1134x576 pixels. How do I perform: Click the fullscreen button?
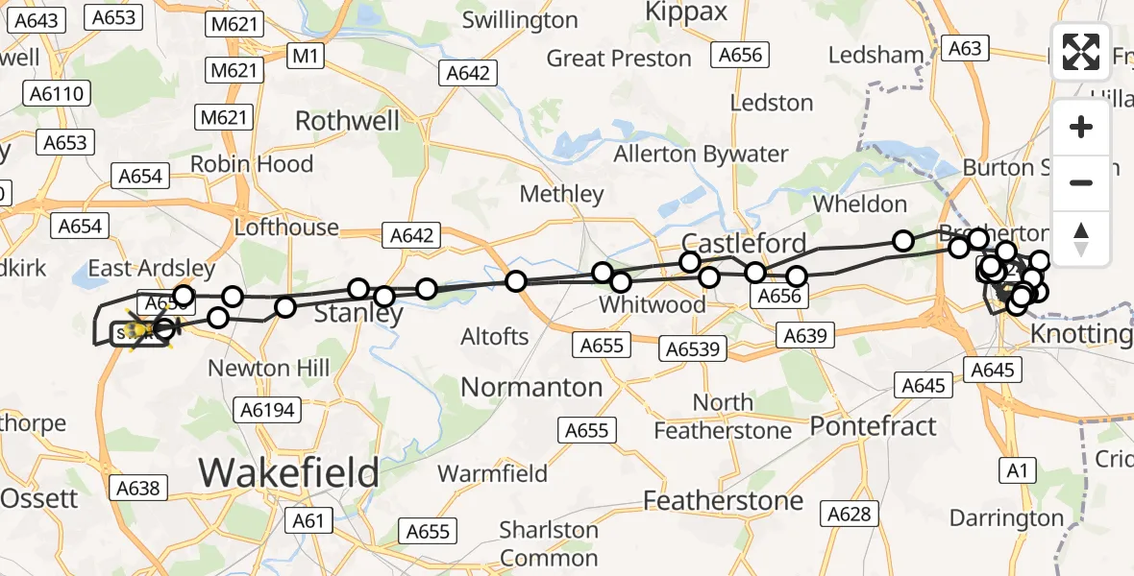coord(1081,53)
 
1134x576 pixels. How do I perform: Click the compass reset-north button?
coord(1081,238)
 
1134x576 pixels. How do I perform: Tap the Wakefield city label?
coord(288,472)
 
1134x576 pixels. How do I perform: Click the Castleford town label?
coord(730,242)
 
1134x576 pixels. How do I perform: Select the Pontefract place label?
coord(873,425)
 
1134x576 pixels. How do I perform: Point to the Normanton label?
coord(531,387)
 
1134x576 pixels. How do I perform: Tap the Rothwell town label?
coord(347,121)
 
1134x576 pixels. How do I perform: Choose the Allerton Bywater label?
coord(701,154)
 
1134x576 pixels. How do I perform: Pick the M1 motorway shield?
coord(306,57)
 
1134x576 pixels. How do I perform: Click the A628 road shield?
coord(849,515)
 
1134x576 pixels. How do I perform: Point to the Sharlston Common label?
coord(549,543)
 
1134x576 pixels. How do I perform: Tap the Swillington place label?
coord(520,19)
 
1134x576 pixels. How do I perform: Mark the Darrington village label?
coord(1006,518)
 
